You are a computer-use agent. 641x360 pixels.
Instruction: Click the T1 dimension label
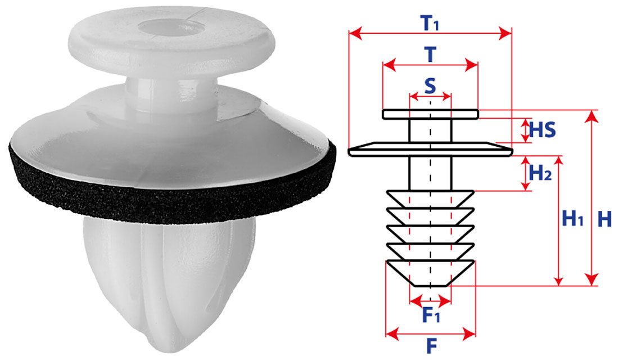pos(429,23)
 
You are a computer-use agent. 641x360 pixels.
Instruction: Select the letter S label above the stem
pos(430,86)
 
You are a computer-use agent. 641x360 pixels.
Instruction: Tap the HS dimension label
pos(543,130)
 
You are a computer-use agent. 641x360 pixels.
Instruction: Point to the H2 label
pos(540,173)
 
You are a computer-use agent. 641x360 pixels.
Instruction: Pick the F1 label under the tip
pos(431,314)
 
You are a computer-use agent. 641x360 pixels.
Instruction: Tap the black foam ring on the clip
pos(171,196)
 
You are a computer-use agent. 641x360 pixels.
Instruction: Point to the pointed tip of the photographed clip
pos(164,347)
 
